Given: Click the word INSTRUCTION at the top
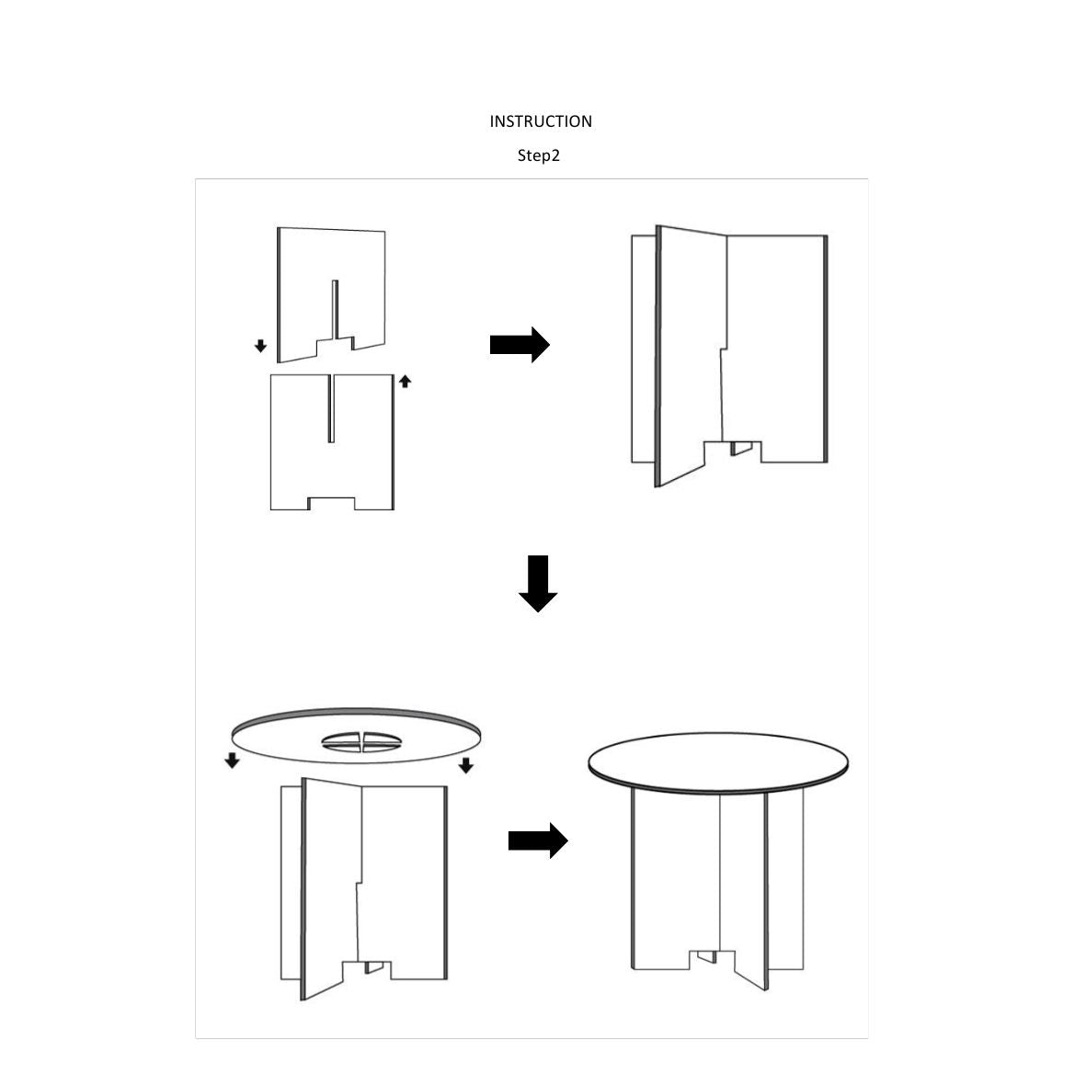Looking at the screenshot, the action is [540, 121].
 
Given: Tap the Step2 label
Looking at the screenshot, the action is [538, 155].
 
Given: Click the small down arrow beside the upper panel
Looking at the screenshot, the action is [260, 346].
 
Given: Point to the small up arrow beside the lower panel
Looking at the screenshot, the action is [406, 381].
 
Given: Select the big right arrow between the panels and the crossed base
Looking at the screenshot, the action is [520, 344].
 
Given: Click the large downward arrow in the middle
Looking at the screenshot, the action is [538, 583].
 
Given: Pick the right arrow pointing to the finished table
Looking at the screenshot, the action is [538, 840].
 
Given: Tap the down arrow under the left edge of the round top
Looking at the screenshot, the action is [232, 760].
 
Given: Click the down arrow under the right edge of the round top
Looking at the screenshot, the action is [466, 765].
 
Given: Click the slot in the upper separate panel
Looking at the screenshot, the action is [336, 310].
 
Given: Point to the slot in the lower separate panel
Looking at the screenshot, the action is [331, 408].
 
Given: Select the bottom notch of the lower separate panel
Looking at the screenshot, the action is [332, 504].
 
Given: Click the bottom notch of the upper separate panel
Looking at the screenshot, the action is [336, 344].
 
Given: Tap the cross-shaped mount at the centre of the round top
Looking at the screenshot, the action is [361, 742].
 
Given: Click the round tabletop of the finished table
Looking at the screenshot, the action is [718, 762].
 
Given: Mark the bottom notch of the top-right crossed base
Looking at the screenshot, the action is [733, 451].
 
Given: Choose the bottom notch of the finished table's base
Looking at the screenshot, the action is [712, 959].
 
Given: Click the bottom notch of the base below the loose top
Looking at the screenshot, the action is [367, 970].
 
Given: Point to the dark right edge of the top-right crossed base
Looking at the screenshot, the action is [826, 349].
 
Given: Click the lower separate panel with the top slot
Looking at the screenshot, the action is [332, 442].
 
